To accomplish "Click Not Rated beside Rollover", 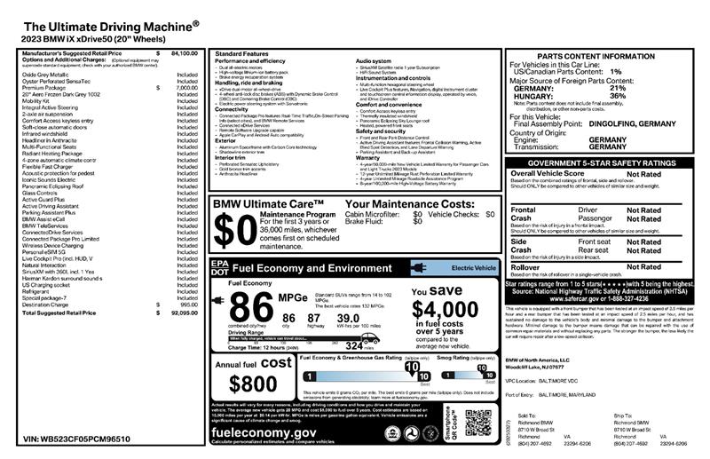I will [x=643, y=266].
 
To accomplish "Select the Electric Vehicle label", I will [x=473, y=266].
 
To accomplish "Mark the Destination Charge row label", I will [x=48, y=305].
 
